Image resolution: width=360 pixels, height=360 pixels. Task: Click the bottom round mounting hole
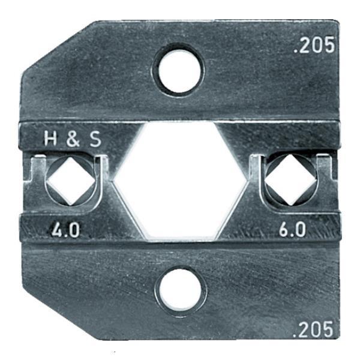point(180,289)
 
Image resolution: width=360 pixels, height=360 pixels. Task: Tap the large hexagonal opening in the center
point(180,181)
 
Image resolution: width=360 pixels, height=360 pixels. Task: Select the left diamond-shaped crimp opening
point(71,181)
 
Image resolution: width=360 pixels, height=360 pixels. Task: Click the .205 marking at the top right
point(314,45)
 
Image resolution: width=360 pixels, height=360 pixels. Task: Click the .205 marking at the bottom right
point(313,329)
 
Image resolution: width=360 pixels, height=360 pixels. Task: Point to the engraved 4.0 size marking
point(65,230)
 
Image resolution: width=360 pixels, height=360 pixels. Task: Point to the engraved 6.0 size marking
point(292,230)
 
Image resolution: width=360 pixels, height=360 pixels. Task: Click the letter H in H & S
point(50,139)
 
